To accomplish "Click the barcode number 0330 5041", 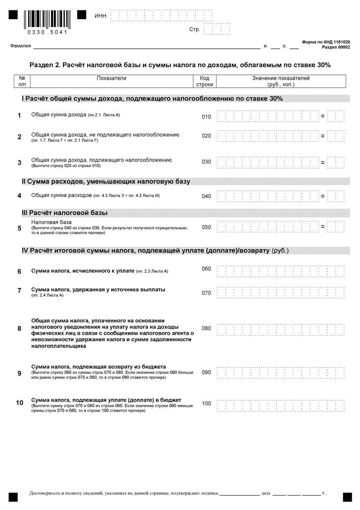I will [x=48, y=32].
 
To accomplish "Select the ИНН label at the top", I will [x=100, y=16].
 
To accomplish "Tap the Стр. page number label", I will [x=194, y=30].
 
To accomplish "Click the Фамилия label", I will [x=20, y=46].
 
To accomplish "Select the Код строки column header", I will [x=205, y=81].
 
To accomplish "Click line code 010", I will [x=206, y=117].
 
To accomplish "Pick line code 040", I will [x=206, y=196].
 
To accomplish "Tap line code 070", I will [x=206, y=293].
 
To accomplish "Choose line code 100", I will [x=206, y=404].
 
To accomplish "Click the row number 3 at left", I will [x=19, y=162].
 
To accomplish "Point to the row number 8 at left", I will [x=19, y=328].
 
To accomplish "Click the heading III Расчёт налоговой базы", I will [x=64, y=213].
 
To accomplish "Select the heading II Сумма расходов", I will [x=106, y=182].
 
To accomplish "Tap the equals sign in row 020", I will [x=323, y=135].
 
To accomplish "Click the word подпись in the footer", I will [x=209, y=493].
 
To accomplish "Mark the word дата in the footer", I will [x=266, y=493].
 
